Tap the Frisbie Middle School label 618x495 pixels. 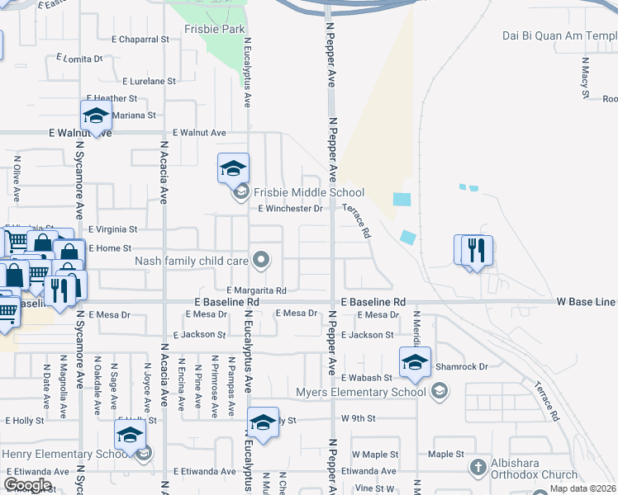[x=309, y=192]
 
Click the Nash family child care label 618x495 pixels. [x=192, y=261]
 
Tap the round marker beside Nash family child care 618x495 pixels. [x=262, y=261]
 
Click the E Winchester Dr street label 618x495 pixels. [x=290, y=209]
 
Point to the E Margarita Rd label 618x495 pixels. [x=256, y=290]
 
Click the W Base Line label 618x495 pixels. [x=585, y=303]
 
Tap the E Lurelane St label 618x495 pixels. [x=149, y=82]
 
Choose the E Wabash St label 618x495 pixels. [x=366, y=377]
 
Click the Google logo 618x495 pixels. [x=27, y=485]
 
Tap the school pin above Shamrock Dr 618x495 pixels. [x=415, y=362]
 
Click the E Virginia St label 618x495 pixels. [x=110, y=229]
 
